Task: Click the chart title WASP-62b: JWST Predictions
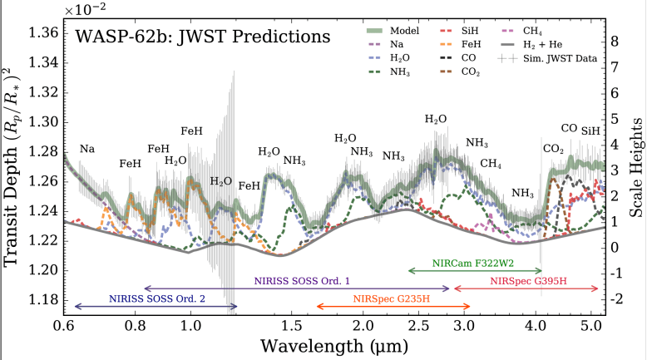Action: point(203,37)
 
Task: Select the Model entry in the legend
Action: point(397,31)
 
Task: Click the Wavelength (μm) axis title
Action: point(332,344)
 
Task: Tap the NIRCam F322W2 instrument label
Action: point(475,263)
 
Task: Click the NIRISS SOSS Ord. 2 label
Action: point(156,298)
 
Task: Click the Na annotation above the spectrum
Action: point(86,149)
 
